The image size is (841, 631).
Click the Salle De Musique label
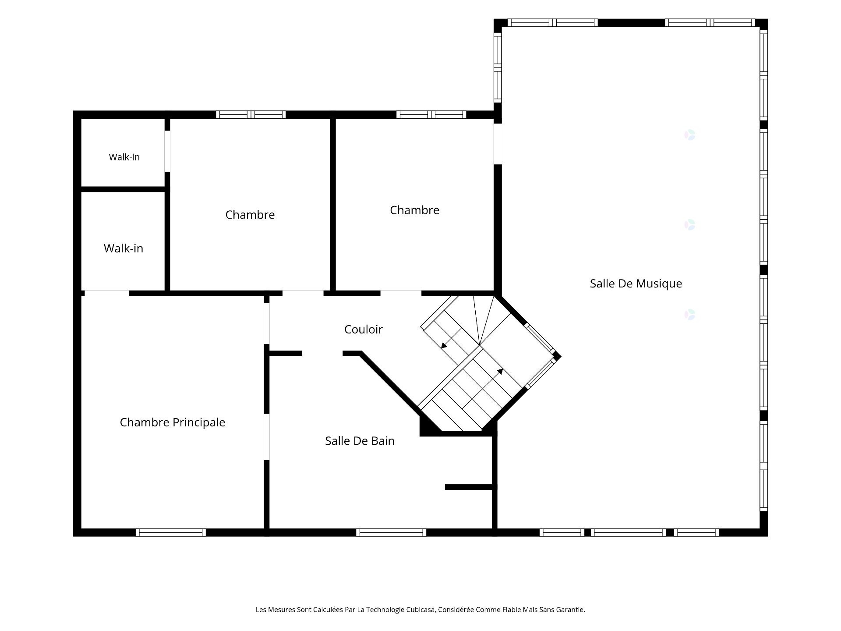tap(636, 284)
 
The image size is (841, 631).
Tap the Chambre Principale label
tap(173, 422)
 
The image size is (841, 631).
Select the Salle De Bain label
tap(360, 441)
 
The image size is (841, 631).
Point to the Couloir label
tap(364, 330)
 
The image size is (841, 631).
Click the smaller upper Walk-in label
tap(124, 157)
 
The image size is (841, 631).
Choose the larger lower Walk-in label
tap(124, 248)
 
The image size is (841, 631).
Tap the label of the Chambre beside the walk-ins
tap(250, 215)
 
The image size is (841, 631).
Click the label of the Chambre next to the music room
tap(414, 210)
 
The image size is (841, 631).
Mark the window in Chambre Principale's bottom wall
tap(171, 532)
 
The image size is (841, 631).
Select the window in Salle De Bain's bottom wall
tap(391, 532)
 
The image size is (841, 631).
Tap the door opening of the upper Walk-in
tap(167, 151)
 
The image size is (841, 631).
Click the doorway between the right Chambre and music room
tap(498, 144)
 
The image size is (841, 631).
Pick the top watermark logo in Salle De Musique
tap(690, 135)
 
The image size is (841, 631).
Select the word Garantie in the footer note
tap(570, 610)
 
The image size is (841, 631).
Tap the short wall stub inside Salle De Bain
tap(469, 487)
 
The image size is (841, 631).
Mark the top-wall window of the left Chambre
tap(251, 115)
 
